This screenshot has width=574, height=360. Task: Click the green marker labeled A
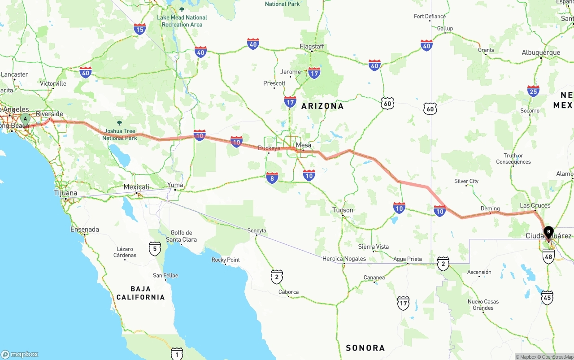pos(25,119)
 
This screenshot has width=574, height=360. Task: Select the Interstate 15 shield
pos(139,30)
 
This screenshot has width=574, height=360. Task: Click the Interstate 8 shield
pos(272,178)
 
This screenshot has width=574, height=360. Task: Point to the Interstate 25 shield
pos(533,91)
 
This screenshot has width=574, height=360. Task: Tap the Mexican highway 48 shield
pos(548,256)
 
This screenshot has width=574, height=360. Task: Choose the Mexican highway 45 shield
pos(547,298)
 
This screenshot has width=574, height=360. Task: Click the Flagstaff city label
pos(312,47)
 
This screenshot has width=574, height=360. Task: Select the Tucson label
pos(343,210)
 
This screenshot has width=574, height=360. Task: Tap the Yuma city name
pos(175,185)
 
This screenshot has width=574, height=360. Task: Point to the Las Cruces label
pos(535,206)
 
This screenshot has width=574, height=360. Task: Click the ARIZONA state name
pos(322,106)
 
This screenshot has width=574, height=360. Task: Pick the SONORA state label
pos(365,348)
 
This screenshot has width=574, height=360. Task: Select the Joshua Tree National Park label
pos(119,134)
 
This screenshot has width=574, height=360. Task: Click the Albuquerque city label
pos(541,52)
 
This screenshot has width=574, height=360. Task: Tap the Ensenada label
pos(85,230)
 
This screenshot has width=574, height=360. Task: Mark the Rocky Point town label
pos(226,260)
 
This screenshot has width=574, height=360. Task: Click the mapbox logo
pos(20,354)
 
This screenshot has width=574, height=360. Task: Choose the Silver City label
pos(466,182)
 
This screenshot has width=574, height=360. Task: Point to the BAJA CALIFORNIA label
pos(140,293)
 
